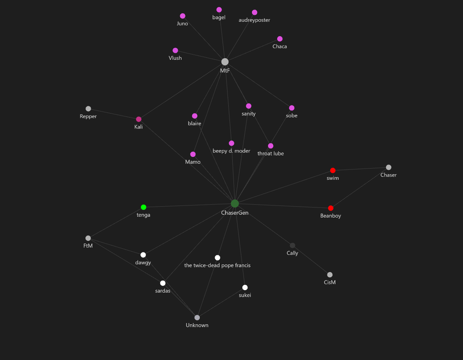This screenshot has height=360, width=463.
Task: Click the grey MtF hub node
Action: pyautogui.click(x=225, y=62)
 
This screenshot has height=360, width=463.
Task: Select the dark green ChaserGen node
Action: pyautogui.click(x=235, y=203)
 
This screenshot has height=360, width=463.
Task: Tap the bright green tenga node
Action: pyautogui.click(x=144, y=207)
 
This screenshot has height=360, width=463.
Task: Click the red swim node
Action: pyautogui.click(x=333, y=171)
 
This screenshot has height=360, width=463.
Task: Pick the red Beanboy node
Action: pyautogui.click(x=331, y=208)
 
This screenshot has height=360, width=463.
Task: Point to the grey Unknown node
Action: pyautogui.click(x=197, y=317)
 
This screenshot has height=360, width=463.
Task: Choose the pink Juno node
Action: pyautogui.click(x=183, y=16)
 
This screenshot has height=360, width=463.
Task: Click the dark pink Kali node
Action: pyautogui.click(x=139, y=119)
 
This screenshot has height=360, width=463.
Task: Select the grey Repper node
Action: pyautogui.click(x=88, y=109)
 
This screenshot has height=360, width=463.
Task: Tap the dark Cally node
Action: pyautogui.click(x=292, y=245)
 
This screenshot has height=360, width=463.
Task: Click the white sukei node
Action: pyautogui.click(x=245, y=287)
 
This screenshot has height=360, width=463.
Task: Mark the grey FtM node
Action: pyautogui.click(x=88, y=238)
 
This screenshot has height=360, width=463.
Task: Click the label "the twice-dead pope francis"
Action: pyautogui.click(x=217, y=265)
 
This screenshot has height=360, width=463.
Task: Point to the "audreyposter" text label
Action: pyautogui.click(x=254, y=20)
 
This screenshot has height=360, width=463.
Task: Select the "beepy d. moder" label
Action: pyautogui.click(x=231, y=151)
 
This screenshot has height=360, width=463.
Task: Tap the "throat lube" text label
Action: pyautogui.click(x=270, y=153)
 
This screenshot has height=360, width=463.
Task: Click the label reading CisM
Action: pyautogui.click(x=330, y=282)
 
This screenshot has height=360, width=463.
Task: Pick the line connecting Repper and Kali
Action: pyautogui.click(x=114, y=114)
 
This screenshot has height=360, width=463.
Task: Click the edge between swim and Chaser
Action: pyautogui.click(x=361, y=169)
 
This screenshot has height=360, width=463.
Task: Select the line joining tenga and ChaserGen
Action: pyautogui.click(x=189, y=205)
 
